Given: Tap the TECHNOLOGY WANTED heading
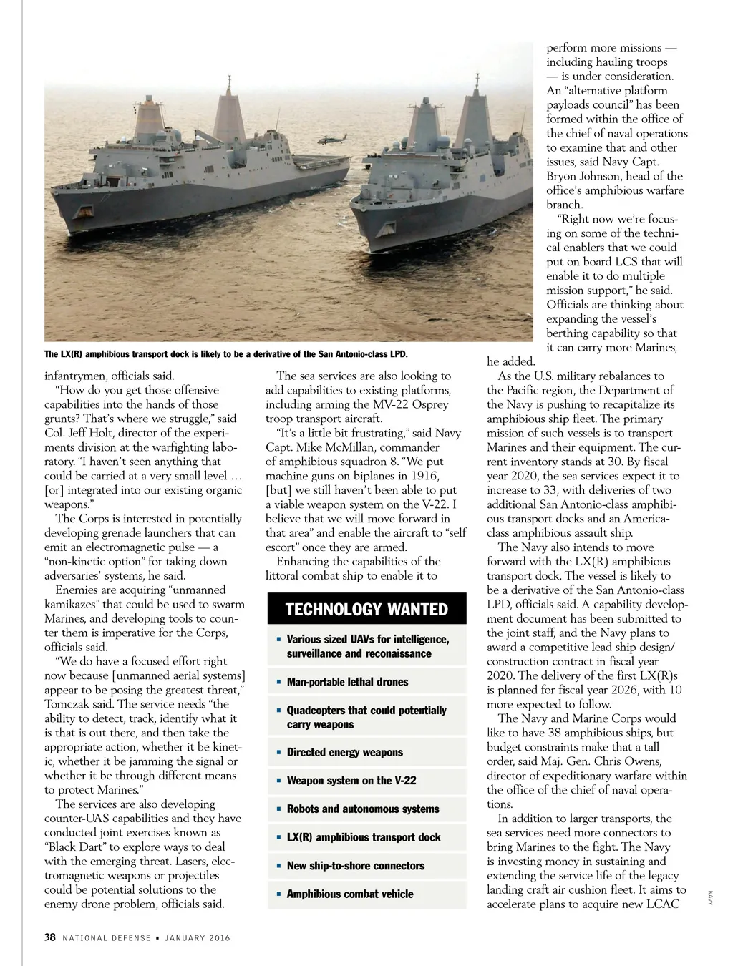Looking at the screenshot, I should point(366,610).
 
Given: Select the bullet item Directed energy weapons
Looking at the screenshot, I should point(344,753).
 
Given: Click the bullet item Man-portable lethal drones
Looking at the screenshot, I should point(347,682).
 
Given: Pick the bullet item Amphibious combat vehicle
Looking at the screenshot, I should point(350,894).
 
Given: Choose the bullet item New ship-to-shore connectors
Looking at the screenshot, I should point(355,866).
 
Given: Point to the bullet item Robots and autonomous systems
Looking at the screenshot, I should point(363,809).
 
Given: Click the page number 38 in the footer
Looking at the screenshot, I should point(50,937).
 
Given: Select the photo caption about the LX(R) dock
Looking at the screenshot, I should point(225,354).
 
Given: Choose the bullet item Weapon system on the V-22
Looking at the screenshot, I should point(351,781).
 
